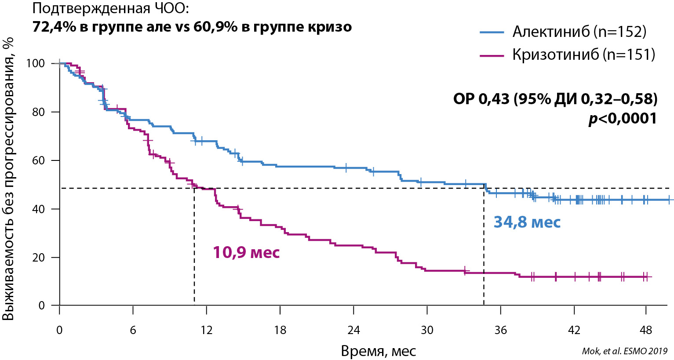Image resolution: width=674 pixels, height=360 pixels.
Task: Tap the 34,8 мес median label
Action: pyautogui.click(x=527, y=222)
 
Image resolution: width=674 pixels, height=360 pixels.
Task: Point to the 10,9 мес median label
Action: pyautogui.click(x=246, y=252)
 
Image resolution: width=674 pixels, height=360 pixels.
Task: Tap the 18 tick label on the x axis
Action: pyautogui.click(x=280, y=330)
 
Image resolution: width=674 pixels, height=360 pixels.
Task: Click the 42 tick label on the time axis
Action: pyautogui.click(x=574, y=330)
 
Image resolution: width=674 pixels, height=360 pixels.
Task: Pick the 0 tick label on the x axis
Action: pyautogui.click(x=59, y=330)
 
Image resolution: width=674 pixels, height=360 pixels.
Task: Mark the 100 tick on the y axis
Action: pyautogui.click(x=36, y=63)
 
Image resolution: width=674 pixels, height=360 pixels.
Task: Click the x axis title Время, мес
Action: pyautogui.click(x=378, y=351)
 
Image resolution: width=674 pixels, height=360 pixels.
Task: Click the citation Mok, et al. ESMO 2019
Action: pyautogui.click(x=624, y=351)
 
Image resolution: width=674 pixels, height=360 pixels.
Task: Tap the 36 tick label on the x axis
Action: pyautogui.click(x=500, y=330)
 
